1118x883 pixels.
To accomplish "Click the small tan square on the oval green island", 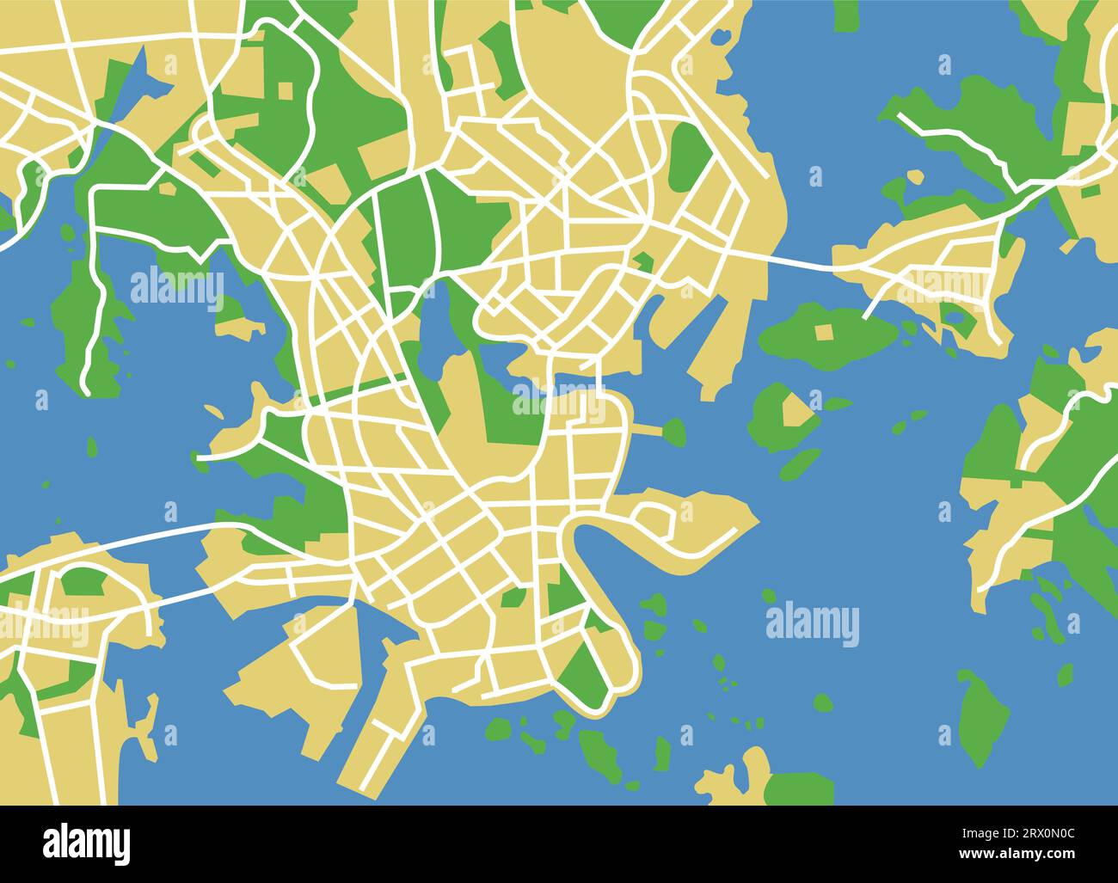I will pos(824,332).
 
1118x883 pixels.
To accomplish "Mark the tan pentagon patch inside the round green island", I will pos(795,411).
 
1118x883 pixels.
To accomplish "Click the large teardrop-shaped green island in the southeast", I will pos(977,719).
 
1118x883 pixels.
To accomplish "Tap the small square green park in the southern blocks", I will pos(513,597).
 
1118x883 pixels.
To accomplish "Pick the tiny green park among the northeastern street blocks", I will pos(642,261).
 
